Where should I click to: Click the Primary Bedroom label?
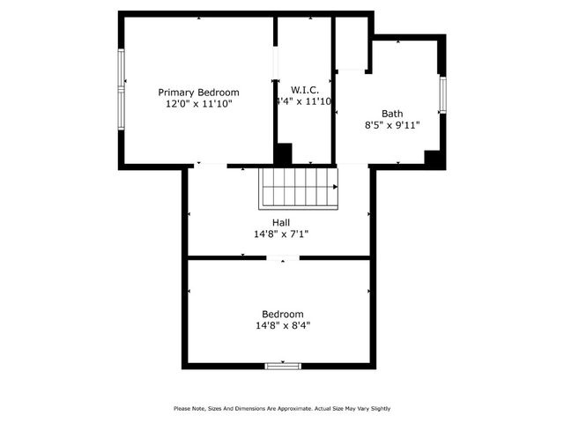point(198,92)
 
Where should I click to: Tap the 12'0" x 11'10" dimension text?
point(198,103)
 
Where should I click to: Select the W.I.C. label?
point(304,90)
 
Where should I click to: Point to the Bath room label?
point(392,113)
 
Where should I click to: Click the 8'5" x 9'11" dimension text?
point(392,125)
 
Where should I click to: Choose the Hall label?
point(281,223)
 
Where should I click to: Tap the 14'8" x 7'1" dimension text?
point(281,234)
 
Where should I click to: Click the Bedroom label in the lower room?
point(283,314)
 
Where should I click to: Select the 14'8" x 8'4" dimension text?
point(283,325)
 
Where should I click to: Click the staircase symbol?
point(298,188)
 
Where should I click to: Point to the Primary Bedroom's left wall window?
point(122,91)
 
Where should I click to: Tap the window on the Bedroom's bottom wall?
point(283,365)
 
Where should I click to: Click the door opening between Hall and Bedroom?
point(283,257)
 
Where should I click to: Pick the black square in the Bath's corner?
point(433,158)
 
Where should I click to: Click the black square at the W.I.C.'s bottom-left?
point(283,153)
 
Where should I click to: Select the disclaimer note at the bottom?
point(282,408)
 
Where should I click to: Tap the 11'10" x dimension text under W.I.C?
point(304,102)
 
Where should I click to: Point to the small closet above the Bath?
point(352,42)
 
